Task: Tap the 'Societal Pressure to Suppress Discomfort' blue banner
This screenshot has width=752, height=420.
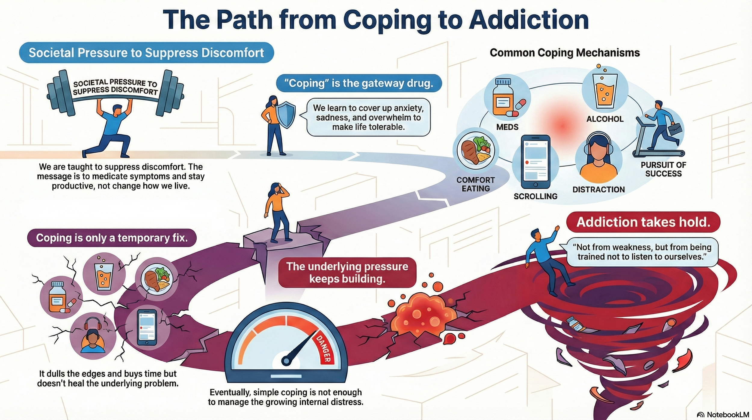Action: [x=146, y=53]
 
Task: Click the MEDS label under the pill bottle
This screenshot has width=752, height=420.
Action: [x=507, y=127]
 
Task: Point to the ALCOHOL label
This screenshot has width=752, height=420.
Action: [x=605, y=119]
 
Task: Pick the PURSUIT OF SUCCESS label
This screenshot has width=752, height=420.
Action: [x=663, y=169]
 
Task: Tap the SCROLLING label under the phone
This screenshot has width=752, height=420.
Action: [x=535, y=196]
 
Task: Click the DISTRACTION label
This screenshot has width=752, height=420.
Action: [x=598, y=189]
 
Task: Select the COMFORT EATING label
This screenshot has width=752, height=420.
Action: [x=475, y=184]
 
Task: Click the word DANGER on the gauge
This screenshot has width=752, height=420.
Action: [x=324, y=349]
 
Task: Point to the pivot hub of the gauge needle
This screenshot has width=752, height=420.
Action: [x=286, y=360]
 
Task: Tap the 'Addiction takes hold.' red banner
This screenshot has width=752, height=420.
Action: [x=643, y=222]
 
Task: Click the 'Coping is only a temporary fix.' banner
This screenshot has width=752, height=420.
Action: [x=112, y=238]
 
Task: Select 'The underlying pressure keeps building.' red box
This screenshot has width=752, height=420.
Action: [x=347, y=272]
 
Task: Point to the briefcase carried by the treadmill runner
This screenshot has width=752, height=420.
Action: [x=674, y=129]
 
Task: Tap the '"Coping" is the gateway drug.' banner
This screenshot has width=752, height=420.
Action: [x=359, y=83]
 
